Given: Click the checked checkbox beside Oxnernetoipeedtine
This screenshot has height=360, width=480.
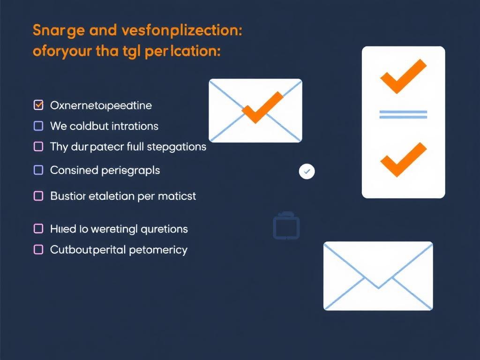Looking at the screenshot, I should (x=39, y=105).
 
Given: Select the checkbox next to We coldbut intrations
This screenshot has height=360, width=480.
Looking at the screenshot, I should (x=39, y=126).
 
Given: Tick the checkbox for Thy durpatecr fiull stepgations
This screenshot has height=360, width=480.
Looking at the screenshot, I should (x=39, y=147).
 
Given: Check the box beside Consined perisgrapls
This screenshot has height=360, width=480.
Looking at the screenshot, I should (x=39, y=170).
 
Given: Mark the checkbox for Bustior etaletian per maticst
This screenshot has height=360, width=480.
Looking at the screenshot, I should (x=39, y=196).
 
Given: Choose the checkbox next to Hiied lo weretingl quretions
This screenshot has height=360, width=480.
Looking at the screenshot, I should (x=39, y=229).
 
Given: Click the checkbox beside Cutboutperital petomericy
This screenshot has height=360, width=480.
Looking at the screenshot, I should (x=39, y=250).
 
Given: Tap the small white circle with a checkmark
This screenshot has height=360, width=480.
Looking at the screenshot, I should (x=307, y=172).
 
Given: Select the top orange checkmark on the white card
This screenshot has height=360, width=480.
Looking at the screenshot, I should (x=403, y=76).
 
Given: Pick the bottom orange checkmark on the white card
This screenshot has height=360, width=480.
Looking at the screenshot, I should (x=403, y=159).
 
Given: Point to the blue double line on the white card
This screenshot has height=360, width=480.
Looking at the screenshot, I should (x=403, y=114).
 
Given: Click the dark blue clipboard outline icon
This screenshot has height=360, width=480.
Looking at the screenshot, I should (x=286, y=227).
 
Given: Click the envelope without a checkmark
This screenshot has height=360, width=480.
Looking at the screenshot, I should (x=378, y=276).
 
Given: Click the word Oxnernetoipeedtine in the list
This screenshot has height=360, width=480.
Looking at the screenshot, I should (x=101, y=105).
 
